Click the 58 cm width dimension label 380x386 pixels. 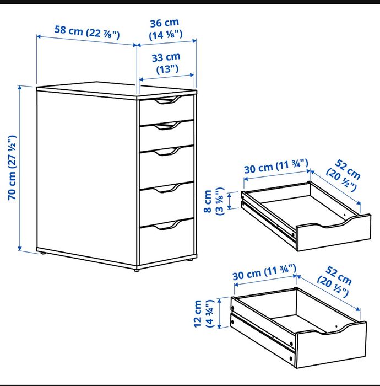click(x=86, y=31)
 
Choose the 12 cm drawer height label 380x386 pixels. click(x=204, y=314)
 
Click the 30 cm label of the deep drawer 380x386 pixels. click(x=265, y=274)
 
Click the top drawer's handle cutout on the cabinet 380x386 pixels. click(x=166, y=100)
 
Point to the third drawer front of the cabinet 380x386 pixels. click(x=166, y=165)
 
